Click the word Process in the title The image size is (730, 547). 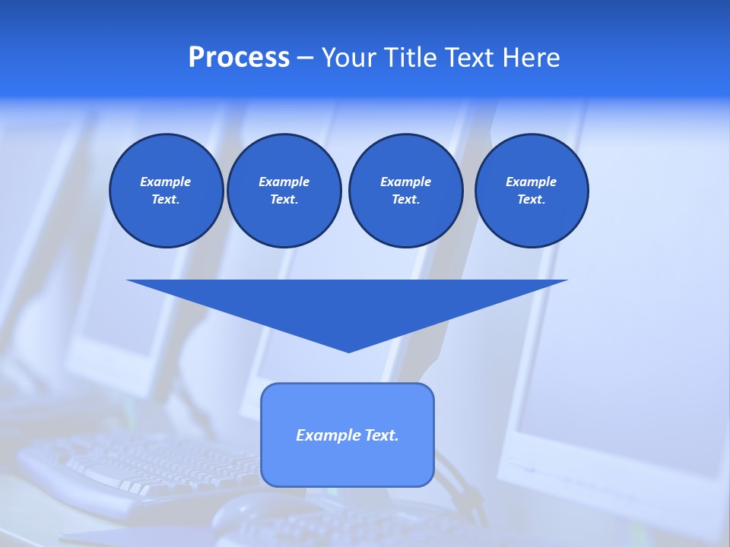click(239, 58)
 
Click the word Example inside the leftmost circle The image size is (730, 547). click(166, 182)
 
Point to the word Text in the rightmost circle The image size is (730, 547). click(531, 200)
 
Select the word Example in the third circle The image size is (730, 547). click(405, 182)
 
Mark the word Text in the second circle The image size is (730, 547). click(284, 200)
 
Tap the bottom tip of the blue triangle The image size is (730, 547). click(348, 350)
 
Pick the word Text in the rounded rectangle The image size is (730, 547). click(382, 435)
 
